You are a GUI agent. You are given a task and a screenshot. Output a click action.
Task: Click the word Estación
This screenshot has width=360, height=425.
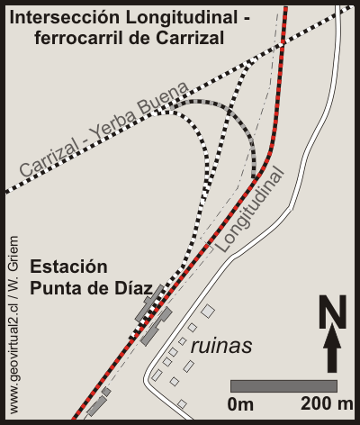68,267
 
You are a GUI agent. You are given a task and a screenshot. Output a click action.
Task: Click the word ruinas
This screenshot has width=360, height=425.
220,346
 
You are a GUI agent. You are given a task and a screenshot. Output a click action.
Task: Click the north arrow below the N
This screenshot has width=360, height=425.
333,350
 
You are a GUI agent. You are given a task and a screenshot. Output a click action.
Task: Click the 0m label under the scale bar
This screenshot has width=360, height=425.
241,404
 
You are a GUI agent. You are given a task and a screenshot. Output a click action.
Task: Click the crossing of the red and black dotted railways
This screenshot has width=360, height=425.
282,42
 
